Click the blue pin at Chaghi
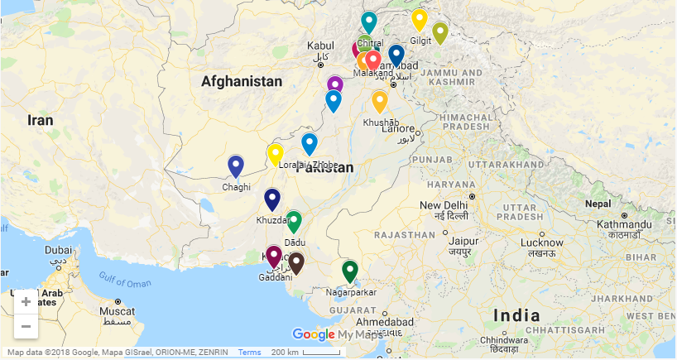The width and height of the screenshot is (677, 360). (x=236, y=166)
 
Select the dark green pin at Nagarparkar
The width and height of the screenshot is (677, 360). (x=350, y=271)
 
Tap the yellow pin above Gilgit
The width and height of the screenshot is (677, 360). (x=420, y=19)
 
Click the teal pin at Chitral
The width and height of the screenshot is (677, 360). (x=369, y=22)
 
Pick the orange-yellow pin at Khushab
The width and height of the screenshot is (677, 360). (x=379, y=101)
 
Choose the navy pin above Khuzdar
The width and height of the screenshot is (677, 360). (x=272, y=199)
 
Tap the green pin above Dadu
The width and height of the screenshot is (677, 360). (x=293, y=221)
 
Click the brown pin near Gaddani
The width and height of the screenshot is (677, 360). (x=296, y=262)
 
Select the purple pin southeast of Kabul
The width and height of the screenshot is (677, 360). (x=334, y=85)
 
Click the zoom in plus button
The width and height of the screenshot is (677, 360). (x=26, y=302)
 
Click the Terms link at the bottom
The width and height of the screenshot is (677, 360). (x=249, y=353)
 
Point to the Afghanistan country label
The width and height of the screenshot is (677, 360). (x=241, y=81)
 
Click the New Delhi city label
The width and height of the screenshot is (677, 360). (x=443, y=205)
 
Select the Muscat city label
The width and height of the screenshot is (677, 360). (x=116, y=311)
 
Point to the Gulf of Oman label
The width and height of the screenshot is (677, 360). (x=125, y=281)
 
